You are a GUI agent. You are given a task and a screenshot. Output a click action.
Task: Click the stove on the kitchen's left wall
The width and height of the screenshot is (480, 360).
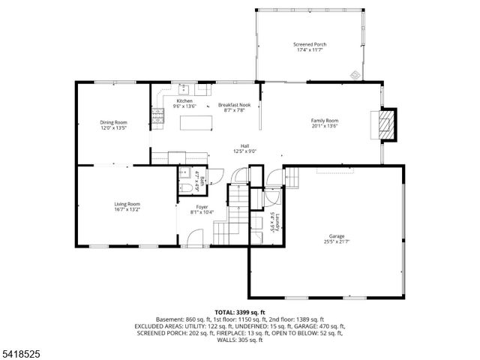pos(158,115)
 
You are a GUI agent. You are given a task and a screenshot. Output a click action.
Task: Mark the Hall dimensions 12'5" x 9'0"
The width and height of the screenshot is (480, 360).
pos(244,151)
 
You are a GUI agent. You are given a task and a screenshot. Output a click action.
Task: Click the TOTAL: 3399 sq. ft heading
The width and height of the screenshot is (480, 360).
pos(239,311)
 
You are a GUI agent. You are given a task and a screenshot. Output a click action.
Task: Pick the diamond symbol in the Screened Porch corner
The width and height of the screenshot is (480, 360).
pos(355,73)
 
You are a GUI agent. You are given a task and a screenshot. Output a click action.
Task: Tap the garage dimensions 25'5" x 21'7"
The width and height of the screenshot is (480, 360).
pos(336,242)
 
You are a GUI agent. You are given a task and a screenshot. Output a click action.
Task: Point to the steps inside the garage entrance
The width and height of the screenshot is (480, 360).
pos(293,178)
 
